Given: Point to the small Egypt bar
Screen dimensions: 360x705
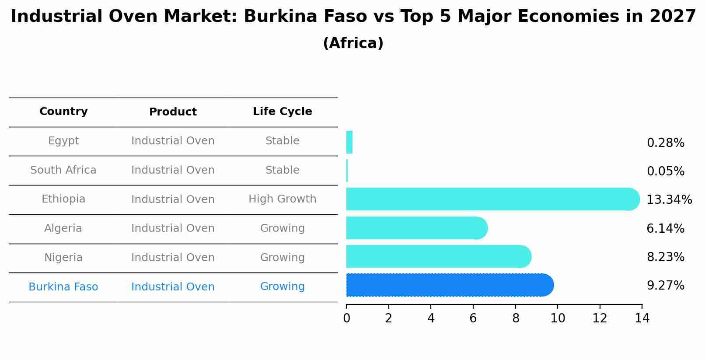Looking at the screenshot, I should pyautogui.click(x=349, y=142).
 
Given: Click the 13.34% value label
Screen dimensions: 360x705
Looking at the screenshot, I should pyautogui.click(x=669, y=200).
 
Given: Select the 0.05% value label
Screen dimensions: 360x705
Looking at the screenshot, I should pyautogui.click(x=665, y=171).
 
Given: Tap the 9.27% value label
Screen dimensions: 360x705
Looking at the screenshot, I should pyautogui.click(x=665, y=286).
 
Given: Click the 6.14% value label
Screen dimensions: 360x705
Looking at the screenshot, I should pyautogui.click(x=665, y=229).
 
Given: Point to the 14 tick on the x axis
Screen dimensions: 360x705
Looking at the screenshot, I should pyautogui.click(x=642, y=318).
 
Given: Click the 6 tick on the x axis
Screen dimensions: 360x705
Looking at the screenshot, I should pyautogui.click(x=473, y=318).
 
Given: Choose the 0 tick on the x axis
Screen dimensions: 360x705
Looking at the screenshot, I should pyautogui.click(x=346, y=318).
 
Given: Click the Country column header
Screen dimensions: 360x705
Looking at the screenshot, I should pyautogui.click(x=63, y=112).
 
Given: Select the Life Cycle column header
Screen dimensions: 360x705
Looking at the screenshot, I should pyautogui.click(x=282, y=112).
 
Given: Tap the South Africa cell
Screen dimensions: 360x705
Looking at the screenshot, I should pyautogui.click(x=63, y=170).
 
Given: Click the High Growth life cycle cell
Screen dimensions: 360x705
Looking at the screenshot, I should pyautogui.click(x=282, y=199).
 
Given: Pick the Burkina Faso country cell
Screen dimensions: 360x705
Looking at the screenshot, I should pyautogui.click(x=63, y=287).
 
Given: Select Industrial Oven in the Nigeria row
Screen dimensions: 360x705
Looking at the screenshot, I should pyautogui.click(x=173, y=258).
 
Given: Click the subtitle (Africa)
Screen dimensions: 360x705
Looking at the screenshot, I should pyautogui.click(x=353, y=43).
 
